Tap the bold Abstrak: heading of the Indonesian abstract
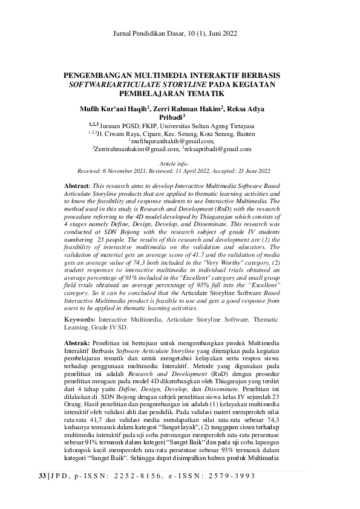tap(77, 342)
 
